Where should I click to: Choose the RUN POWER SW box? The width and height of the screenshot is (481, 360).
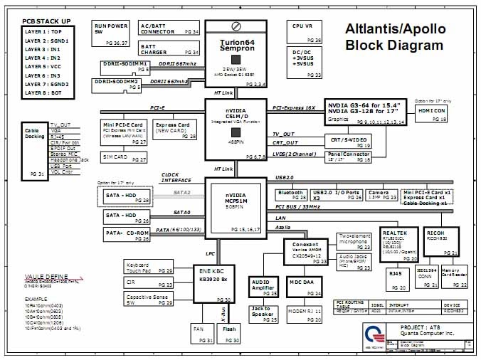(112, 31)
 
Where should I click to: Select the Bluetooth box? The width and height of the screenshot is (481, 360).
(292, 194)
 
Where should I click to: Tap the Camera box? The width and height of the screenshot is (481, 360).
(379, 194)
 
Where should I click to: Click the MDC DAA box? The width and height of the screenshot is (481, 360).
(305, 286)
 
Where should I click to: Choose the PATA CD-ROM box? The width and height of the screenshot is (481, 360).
(127, 234)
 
